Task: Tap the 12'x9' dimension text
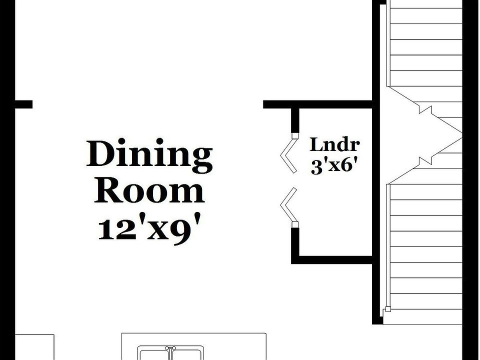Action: coord(149,228)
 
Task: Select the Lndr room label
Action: coord(334,145)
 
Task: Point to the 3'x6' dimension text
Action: coord(334,165)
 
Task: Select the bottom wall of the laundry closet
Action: coord(332,259)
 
